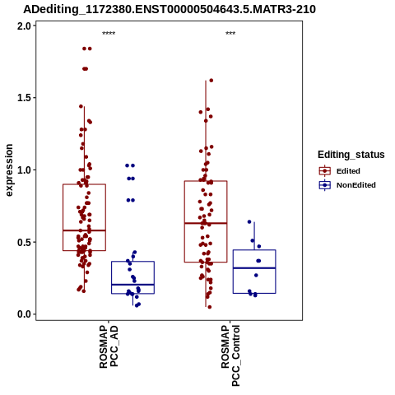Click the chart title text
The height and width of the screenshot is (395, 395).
pos(170,9)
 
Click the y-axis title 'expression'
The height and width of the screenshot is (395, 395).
pos(9,170)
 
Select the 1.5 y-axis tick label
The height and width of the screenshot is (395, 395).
pos(23,98)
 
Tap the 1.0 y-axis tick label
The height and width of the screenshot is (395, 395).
pos(23,170)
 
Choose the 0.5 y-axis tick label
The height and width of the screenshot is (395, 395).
pos(23,242)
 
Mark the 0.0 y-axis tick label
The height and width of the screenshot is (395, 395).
pos(23,314)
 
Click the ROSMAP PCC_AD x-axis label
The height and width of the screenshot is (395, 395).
pos(109,346)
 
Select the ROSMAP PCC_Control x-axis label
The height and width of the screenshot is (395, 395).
pos(230,355)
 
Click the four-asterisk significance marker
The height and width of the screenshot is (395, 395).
pos(109,34)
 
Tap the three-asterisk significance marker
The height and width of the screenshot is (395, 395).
pos(230,34)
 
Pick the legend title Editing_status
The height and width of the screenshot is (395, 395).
pos(351,155)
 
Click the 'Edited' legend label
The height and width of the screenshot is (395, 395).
pos(348,171)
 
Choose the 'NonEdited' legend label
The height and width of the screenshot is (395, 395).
pos(356,185)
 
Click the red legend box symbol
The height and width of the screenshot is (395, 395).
pos(325,171)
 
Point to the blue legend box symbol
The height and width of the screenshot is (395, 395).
pos(325,185)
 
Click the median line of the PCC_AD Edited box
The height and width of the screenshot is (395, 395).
pos(84,230)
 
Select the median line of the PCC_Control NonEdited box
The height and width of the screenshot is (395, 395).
pos(254,268)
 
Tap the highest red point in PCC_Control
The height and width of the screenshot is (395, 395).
pos(211,81)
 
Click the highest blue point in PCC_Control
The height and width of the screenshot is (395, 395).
pos(249,221)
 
